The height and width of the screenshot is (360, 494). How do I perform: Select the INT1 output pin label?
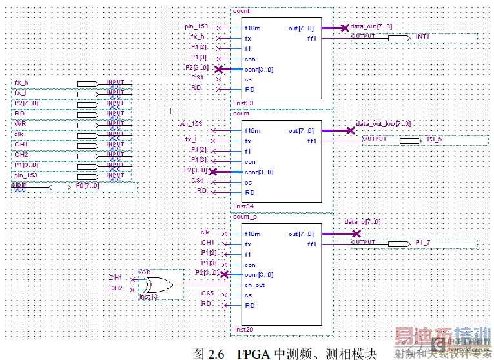[x=422, y=36]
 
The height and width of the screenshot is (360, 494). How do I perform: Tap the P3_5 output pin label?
[x=435, y=139]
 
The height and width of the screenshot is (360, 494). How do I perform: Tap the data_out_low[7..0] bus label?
[x=383, y=123]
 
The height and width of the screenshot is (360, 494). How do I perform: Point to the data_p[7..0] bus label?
[x=362, y=221]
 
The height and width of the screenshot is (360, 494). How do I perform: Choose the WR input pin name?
[x=20, y=124]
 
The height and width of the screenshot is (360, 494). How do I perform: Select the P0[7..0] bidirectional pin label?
[x=88, y=186]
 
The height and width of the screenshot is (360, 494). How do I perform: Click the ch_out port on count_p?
[x=254, y=285]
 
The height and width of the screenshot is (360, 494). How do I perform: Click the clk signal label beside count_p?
[x=205, y=232]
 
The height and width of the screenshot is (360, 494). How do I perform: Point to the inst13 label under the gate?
[x=149, y=296]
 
